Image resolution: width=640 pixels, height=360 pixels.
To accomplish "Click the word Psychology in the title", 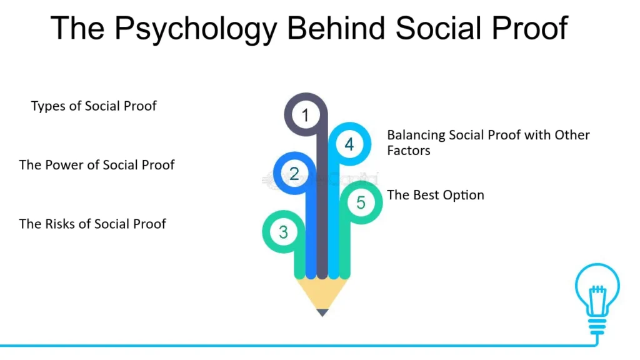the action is pyautogui.click(x=196, y=29).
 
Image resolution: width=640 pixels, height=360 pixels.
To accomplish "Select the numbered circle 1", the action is pyautogui.click(x=305, y=115).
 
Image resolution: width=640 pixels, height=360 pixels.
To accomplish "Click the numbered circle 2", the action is pyautogui.click(x=294, y=174).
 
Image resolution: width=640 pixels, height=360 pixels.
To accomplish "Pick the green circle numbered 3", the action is pyautogui.click(x=283, y=232).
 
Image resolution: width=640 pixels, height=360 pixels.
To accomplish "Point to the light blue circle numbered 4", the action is pyautogui.click(x=349, y=144).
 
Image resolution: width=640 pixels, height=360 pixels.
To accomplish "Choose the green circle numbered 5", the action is pyautogui.click(x=361, y=202).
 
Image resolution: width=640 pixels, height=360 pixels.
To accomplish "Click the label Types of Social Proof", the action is pyautogui.click(x=94, y=106).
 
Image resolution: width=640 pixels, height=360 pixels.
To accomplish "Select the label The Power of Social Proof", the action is pyautogui.click(x=97, y=165).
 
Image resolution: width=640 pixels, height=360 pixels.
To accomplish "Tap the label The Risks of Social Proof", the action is pyautogui.click(x=92, y=224).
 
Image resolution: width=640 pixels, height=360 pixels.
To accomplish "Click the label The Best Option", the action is pyautogui.click(x=436, y=195).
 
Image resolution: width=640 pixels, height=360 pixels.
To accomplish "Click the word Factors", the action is pyautogui.click(x=409, y=151).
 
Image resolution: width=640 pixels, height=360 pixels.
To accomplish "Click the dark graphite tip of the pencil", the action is pyautogui.click(x=322, y=312).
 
